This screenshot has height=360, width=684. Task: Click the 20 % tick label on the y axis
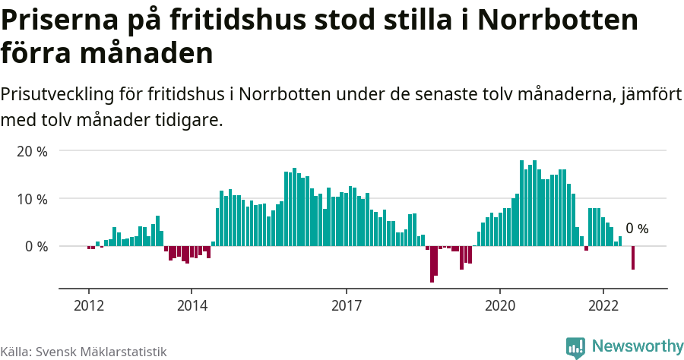(32, 151)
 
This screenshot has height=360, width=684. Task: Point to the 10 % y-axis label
(32, 199)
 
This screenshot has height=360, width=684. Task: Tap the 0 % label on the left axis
(35, 247)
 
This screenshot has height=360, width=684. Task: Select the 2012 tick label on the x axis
(88, 305)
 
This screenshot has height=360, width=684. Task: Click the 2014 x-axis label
(192, 305)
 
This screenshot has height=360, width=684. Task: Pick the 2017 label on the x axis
(347, 305)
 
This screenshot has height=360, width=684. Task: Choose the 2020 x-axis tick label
(500, 305)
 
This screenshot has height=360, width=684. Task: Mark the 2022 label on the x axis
(603, 305)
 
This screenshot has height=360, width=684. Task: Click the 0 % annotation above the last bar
(637, 229)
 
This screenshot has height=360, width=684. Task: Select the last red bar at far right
(633, 258)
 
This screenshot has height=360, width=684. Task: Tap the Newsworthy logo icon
(575, 347)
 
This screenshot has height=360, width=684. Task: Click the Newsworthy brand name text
(637, 346)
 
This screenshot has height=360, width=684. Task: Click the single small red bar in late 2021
(586, 248)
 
